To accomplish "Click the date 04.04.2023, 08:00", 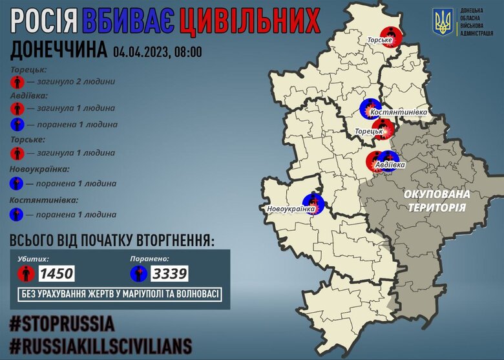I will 156,51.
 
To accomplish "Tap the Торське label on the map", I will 380,48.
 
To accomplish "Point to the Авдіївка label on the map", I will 390,165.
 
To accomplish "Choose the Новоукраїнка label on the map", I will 291,209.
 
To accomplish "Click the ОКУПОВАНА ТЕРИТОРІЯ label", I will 437,200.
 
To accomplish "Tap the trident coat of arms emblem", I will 443,22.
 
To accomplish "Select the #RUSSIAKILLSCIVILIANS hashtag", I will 101,343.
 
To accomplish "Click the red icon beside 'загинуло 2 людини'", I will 17,82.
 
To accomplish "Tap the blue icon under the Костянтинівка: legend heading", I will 17,214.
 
